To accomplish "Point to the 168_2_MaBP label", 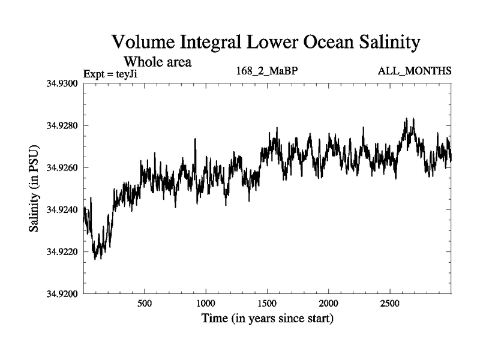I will (268, 71).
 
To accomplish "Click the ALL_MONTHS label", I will (415, 71).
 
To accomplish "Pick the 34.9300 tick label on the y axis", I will (62, 83).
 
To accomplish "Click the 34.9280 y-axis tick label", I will (62, 125).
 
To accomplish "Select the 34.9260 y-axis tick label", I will (62, 167).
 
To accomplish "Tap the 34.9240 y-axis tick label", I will (62, 209).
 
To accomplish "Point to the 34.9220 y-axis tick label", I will (62, 251).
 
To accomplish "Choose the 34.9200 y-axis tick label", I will (62, 294).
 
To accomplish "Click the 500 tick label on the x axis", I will (145, 302).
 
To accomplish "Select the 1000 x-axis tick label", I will (206, 302).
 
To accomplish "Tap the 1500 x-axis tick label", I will (268, 302).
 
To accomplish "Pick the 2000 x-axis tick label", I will (329, 302).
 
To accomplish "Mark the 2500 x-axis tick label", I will (391, 302).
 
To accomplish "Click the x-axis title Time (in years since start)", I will (266, 319).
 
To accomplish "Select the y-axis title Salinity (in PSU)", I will (34, 188).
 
